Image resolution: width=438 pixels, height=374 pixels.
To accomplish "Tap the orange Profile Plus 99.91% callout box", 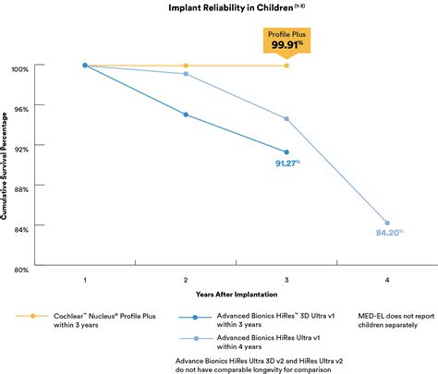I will coord(286,40).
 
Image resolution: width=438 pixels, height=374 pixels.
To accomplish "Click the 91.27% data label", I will coord(287,163).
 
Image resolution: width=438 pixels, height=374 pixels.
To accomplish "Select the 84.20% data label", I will coord(388,233).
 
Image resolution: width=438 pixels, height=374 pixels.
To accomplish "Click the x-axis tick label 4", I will coord(387,279).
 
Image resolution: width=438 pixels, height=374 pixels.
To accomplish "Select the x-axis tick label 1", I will coord(85,279).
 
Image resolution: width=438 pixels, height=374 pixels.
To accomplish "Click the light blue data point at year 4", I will coord(387,223).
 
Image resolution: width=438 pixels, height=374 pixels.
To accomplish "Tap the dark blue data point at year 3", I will coord(286,152).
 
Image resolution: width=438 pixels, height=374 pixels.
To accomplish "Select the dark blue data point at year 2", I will coord(186,115).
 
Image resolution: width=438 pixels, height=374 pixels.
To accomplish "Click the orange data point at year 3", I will coord(286,66).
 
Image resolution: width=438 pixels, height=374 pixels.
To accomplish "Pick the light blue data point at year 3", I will coord(286,118).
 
